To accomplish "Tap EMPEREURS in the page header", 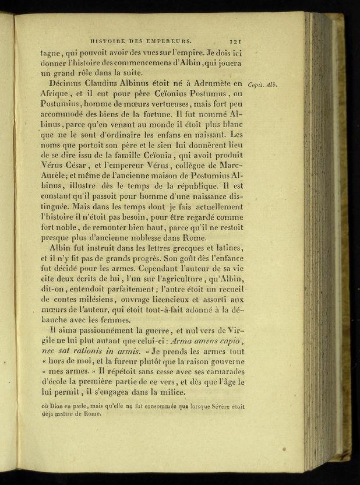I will click(170, 41).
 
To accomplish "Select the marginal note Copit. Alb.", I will click(263, 85).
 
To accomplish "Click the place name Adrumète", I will click(215, 85).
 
